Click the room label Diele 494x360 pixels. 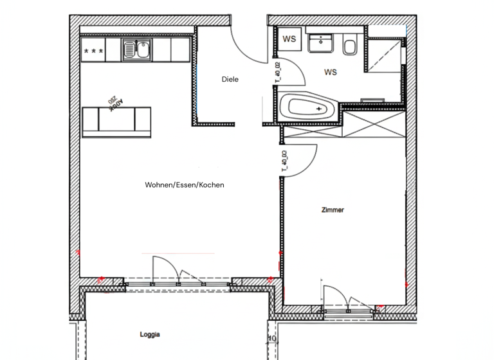click(x=230, y=80)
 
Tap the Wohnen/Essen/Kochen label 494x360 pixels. click(x=185, y=185)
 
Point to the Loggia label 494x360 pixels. click(x=150, y=334)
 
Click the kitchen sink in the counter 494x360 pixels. click(x=137, y=48)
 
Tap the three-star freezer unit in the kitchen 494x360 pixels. click(x=94, y=49)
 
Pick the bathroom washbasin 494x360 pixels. click(x=319, y=43)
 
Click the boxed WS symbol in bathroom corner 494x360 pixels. click(x=289, y=39)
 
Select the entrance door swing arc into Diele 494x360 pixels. click(x=246, y=45)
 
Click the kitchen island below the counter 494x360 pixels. click(x=116, y=121)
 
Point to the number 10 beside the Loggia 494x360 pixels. click(x=271, y=339)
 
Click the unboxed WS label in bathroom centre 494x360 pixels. click(x=331, y=72)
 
